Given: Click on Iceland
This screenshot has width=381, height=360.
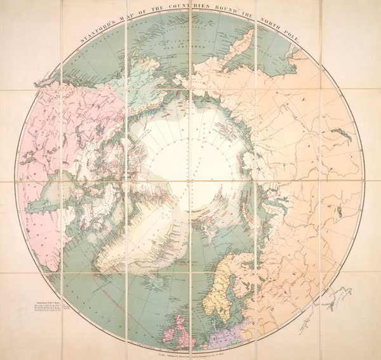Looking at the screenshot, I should coord(147,277).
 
